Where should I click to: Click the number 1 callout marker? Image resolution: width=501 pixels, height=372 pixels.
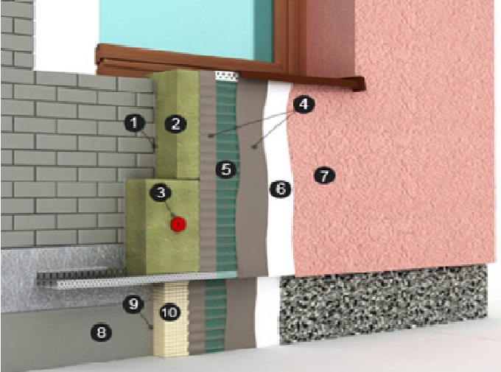coord(135,123)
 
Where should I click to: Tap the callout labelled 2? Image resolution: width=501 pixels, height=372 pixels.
coord(175,124)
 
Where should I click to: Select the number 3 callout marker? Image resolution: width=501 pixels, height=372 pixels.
coord(161,193)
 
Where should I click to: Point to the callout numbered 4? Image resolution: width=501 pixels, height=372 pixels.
coord(304,104)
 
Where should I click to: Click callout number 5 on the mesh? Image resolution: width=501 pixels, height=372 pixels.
coord(226,169)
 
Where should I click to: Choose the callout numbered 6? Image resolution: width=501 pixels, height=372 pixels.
coord(280,189)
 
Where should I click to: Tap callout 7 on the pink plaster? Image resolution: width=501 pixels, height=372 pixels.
coord(324,175)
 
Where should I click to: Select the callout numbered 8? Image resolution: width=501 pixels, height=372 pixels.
coord(101,333)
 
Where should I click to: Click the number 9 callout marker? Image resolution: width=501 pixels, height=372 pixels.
coord(133,303)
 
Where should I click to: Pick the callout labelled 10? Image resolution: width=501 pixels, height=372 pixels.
coord(169,312)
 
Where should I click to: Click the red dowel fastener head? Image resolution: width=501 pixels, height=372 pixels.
coord(178,224)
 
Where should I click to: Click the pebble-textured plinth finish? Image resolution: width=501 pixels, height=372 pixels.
coord(383,303)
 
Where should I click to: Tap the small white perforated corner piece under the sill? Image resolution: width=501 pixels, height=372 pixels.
coord(227,76)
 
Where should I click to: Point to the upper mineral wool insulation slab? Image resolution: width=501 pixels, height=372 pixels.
coord(178,124)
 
